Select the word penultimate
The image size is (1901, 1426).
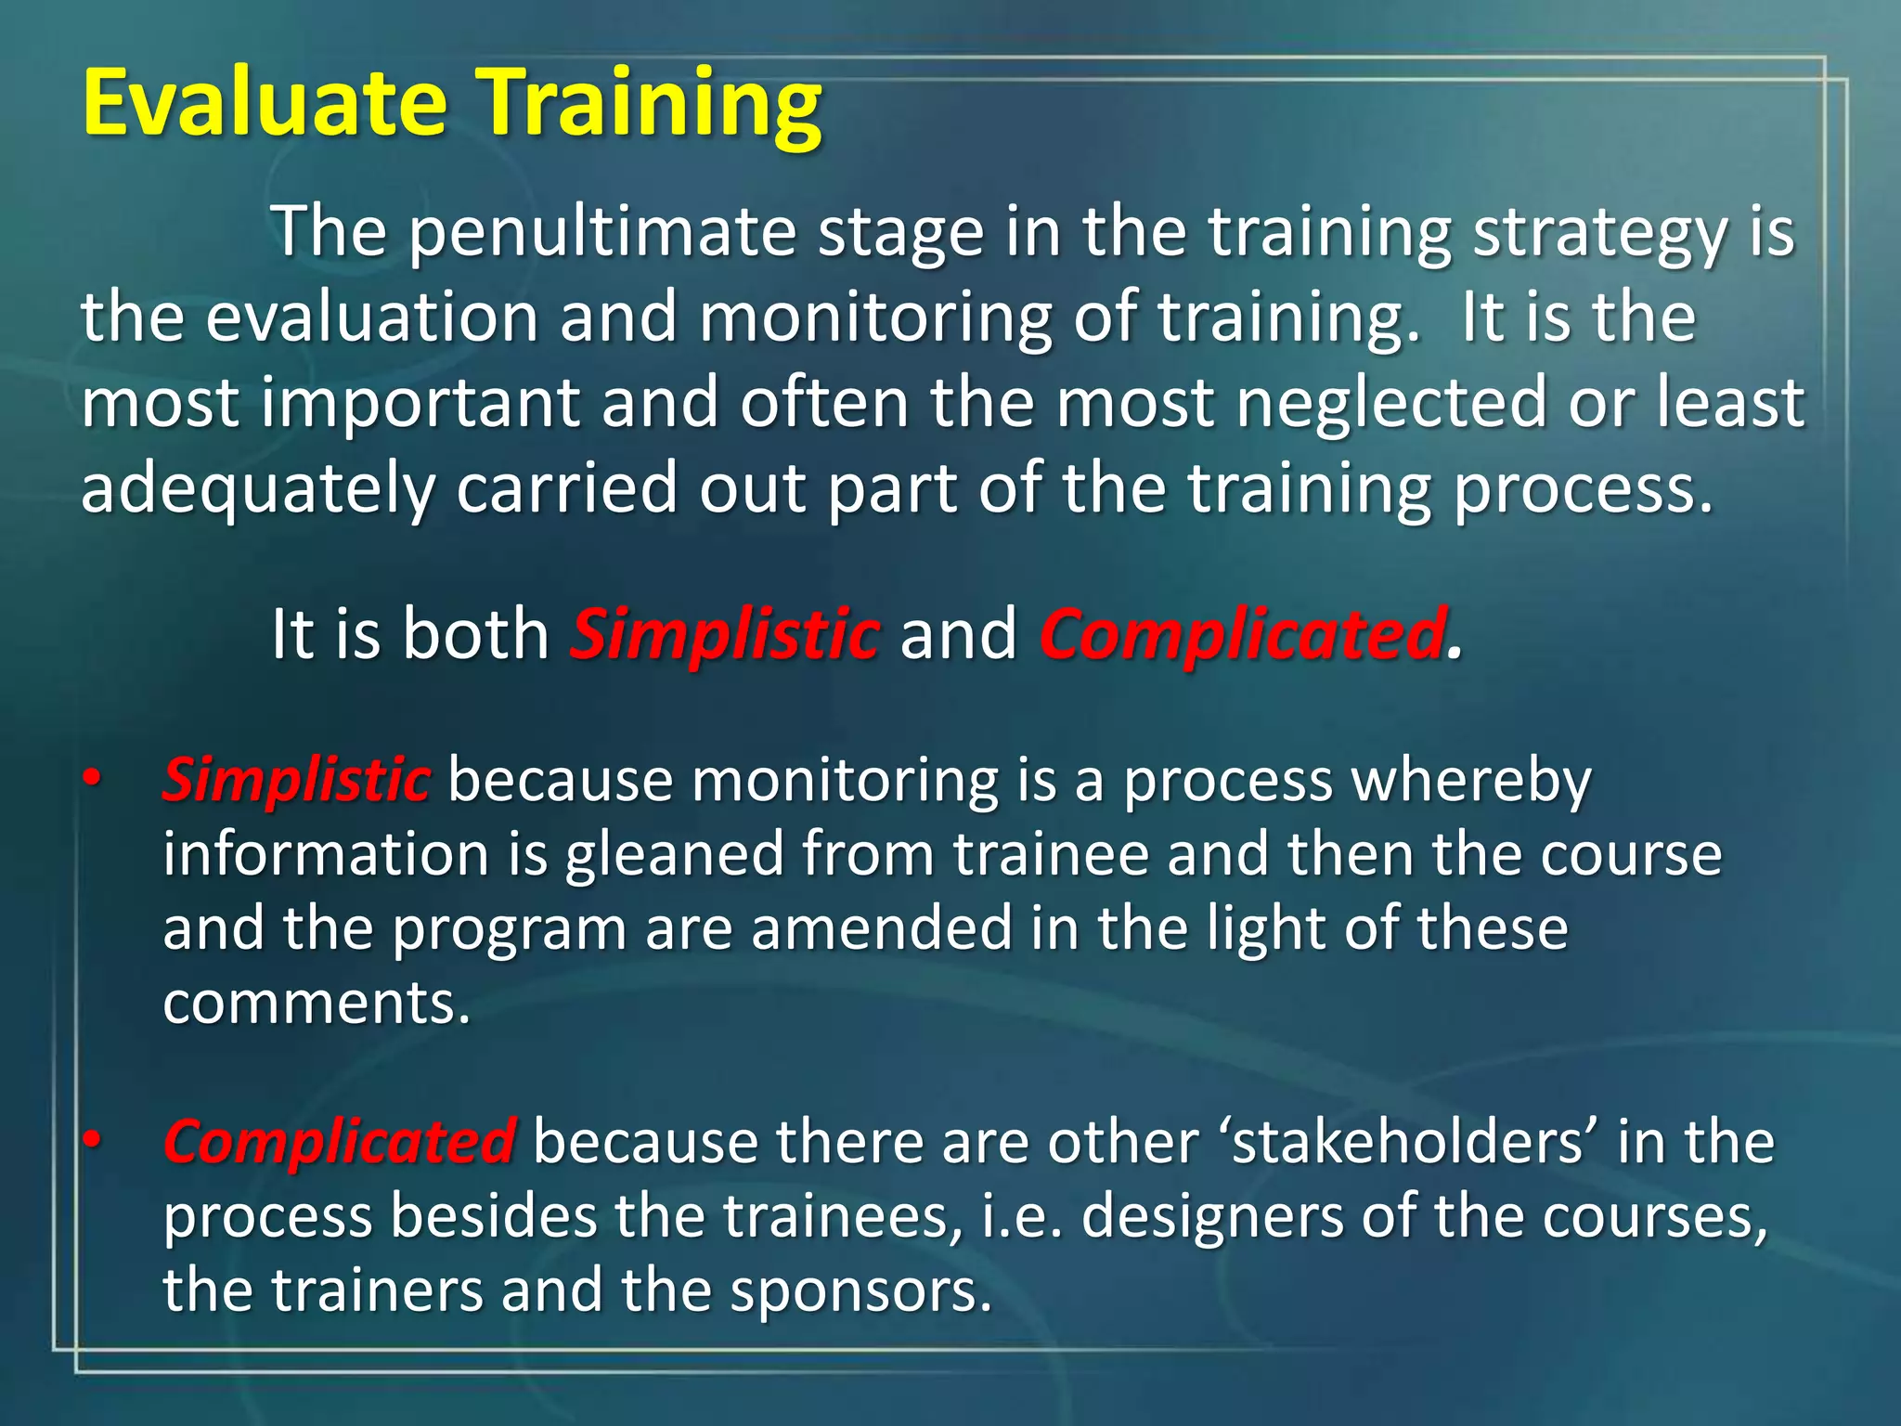[x=602, y=234]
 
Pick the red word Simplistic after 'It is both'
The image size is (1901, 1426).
[x=724, y=635]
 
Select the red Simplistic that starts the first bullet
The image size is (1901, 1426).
[x=296, y=780]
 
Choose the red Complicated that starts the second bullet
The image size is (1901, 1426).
[x=339, y=1142]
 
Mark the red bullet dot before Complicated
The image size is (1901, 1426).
[x=90, y=1139]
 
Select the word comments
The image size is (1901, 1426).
[x=316, y=1003]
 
